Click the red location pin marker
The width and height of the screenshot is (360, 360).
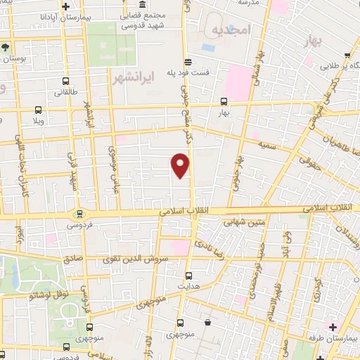[181, 165]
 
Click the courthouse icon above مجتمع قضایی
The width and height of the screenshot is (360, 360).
[143, 6]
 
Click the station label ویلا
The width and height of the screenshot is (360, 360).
[38, 121]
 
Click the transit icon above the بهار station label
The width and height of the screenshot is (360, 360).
[224, 101]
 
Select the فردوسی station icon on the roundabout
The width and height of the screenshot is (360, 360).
[79, 214]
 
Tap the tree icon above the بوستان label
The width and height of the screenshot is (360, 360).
[6, 48]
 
